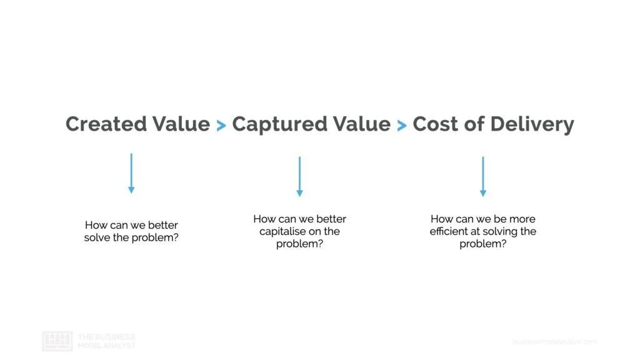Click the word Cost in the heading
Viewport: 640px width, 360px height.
tap(436, 124)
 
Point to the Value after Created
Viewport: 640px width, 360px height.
tap(181, 124)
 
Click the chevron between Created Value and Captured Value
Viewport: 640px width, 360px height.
tap(221, 126)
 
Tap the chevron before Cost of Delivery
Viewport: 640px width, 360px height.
tap(402, 126)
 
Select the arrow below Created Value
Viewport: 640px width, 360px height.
tap(131, 173)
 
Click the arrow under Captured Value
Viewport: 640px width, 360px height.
tap(299, 176)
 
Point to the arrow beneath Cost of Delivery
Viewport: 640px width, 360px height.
tap(482, 176)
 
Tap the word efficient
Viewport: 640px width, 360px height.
tap(449, 231)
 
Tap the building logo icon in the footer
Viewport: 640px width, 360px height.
tap(57, 341)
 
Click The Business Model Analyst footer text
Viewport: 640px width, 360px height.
tap(106, 341)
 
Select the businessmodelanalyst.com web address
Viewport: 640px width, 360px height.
tap(554, 341)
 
